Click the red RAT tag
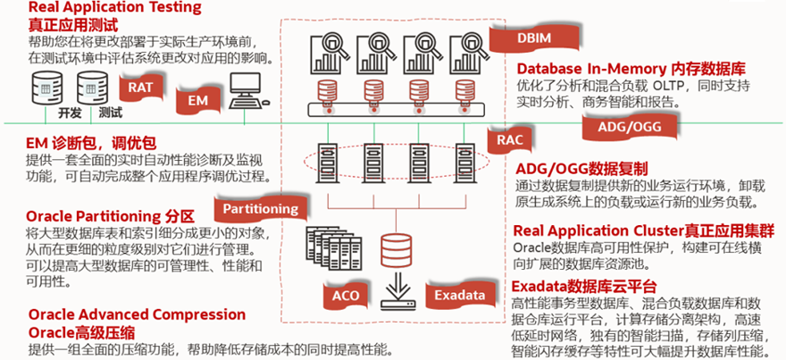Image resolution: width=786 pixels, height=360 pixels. tap(140, 87)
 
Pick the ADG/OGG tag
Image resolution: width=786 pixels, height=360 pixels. tap(625, 128)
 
